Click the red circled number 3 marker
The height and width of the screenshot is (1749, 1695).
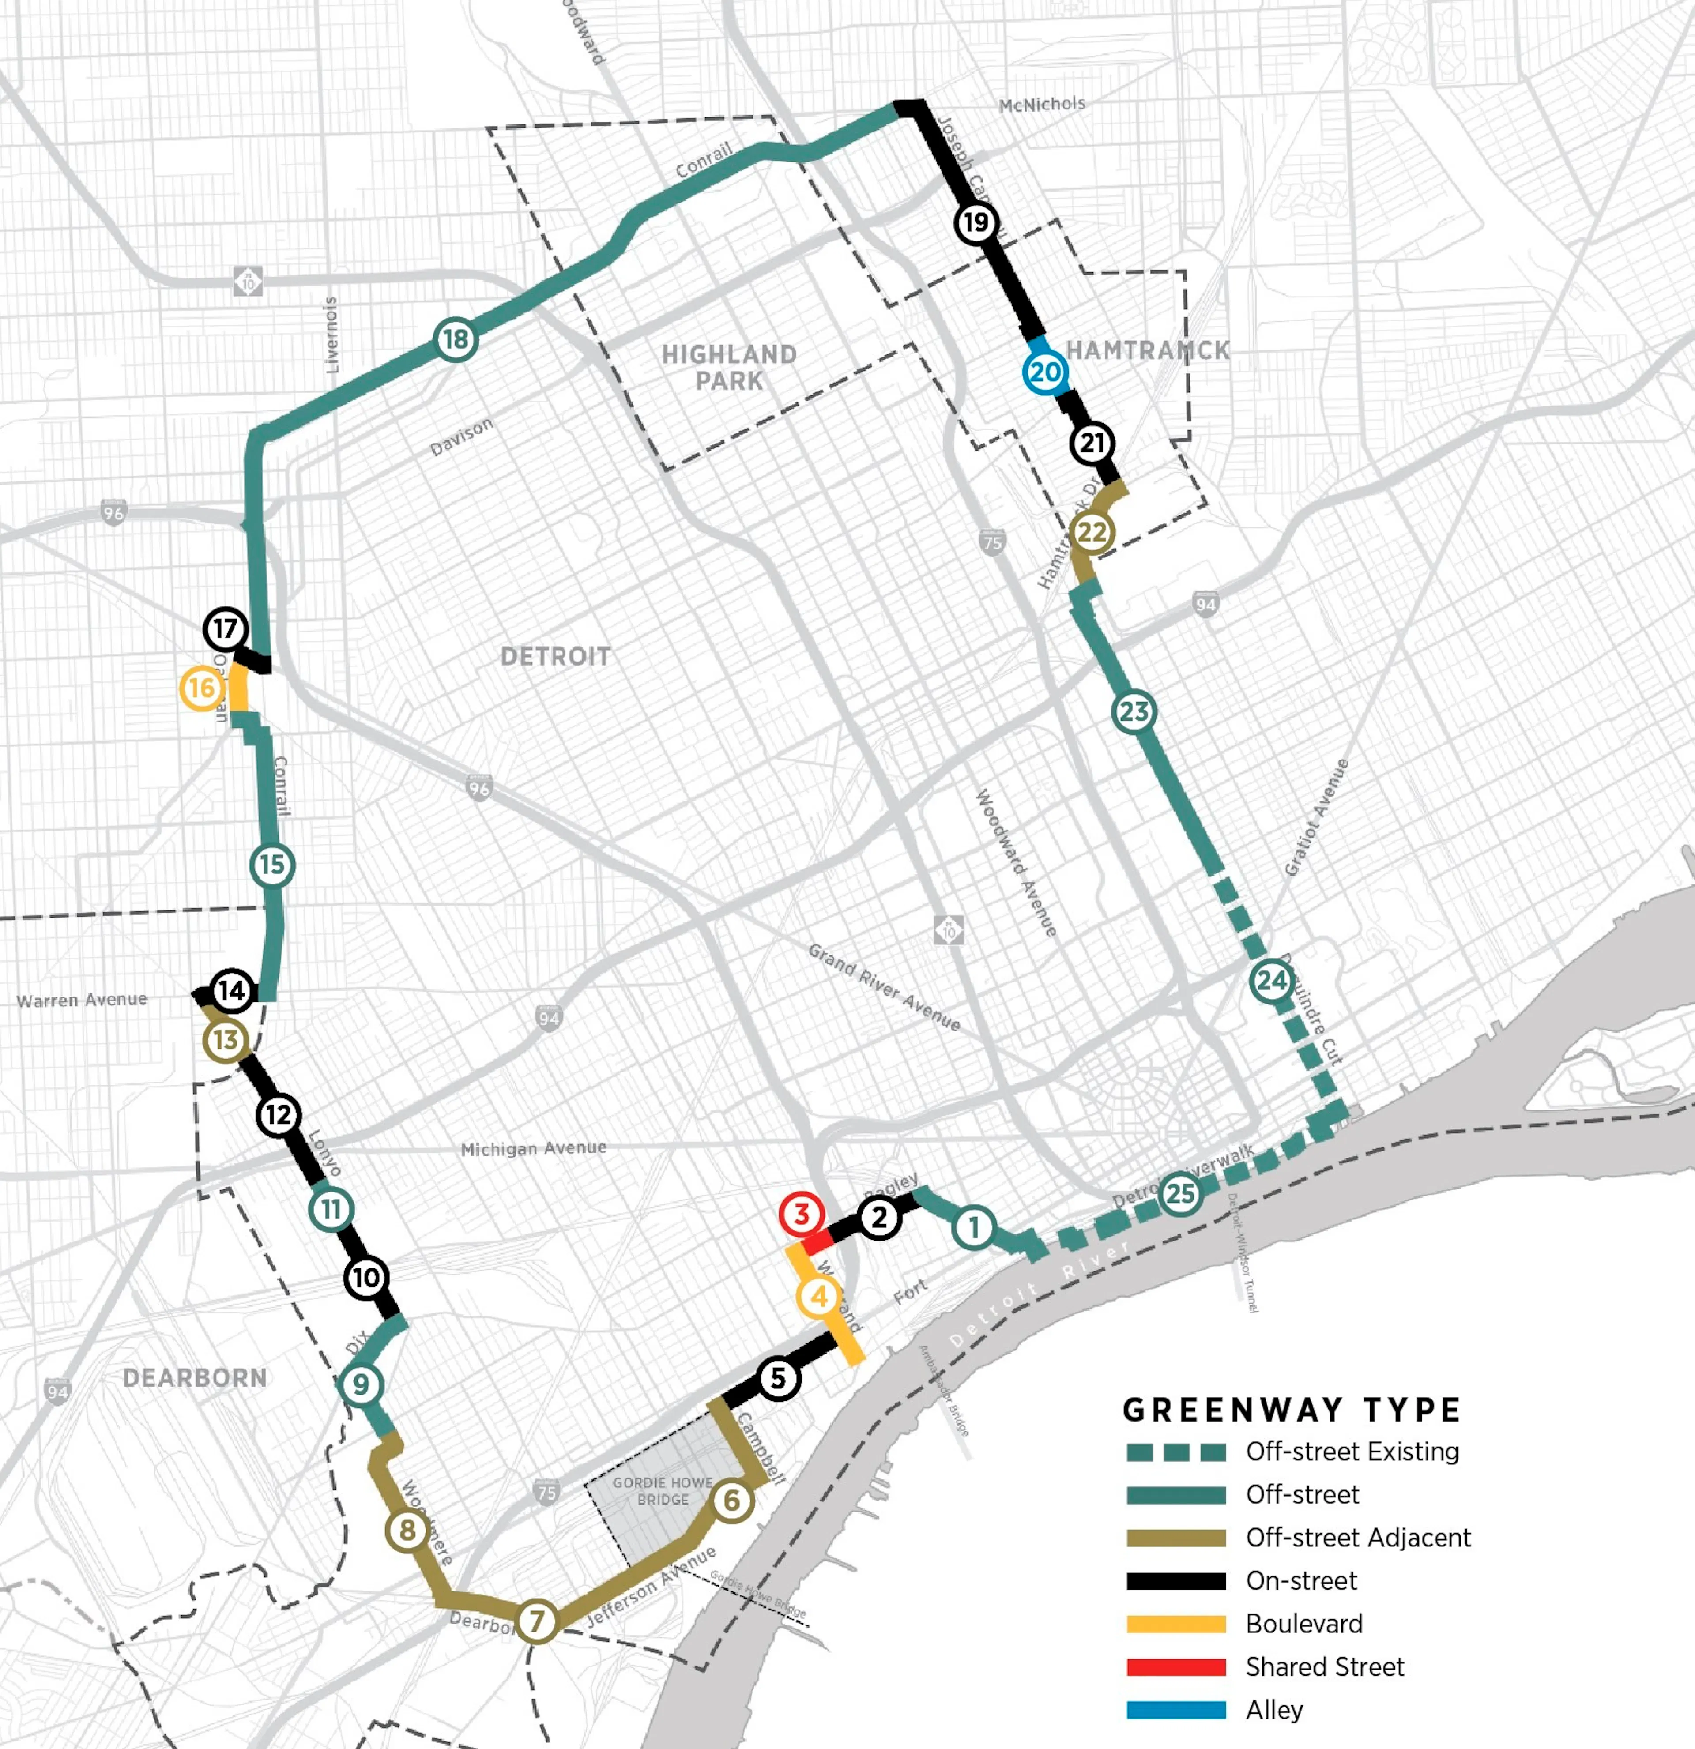(801, 1214)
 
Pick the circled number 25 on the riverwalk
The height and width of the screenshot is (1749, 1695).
(1180, 1193)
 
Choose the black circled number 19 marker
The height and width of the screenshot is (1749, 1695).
(976, 222)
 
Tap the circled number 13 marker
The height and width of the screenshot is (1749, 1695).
(225, 1040)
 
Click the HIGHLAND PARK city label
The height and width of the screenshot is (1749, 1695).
(729, 368)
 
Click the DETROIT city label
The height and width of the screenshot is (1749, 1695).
(555, 657)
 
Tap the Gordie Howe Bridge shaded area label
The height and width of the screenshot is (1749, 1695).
(662, 1491)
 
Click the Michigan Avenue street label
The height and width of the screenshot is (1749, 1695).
(533, 1148)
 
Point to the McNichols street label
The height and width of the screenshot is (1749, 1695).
(1042, 105)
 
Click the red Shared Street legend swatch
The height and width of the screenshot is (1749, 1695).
(1175, 1667)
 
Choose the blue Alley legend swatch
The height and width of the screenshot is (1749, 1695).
(1175, 1710)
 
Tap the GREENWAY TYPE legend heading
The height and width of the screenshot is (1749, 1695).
(1291, 1410)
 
